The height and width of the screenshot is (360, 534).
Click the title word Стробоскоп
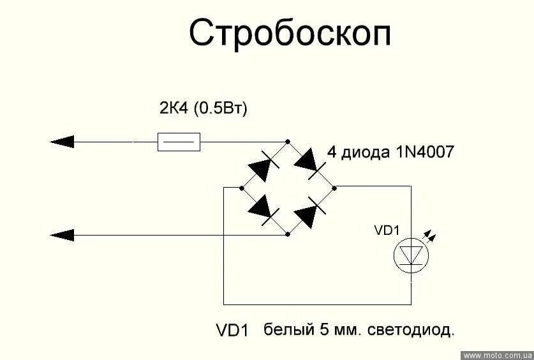[290, 33]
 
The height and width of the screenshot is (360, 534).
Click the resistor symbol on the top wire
[179, 142]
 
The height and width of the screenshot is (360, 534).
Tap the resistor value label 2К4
[174, 109]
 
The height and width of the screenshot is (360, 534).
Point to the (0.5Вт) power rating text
[221, 109]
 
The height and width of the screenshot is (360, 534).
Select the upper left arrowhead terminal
[62, 142]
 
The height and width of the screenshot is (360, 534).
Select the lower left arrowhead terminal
[62, 235]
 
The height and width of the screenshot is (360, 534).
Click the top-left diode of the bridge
[263, 166]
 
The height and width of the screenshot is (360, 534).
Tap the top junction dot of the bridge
[287, 142]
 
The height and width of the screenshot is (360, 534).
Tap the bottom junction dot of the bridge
[288, 234]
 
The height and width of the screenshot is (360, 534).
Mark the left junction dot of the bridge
[241, 188]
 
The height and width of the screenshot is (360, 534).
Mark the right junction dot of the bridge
[334, 187]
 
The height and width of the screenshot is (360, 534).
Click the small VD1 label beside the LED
[387, 231]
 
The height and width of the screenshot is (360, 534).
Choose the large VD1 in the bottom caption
[232, 331]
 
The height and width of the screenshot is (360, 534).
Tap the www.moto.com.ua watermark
[498, 355]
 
